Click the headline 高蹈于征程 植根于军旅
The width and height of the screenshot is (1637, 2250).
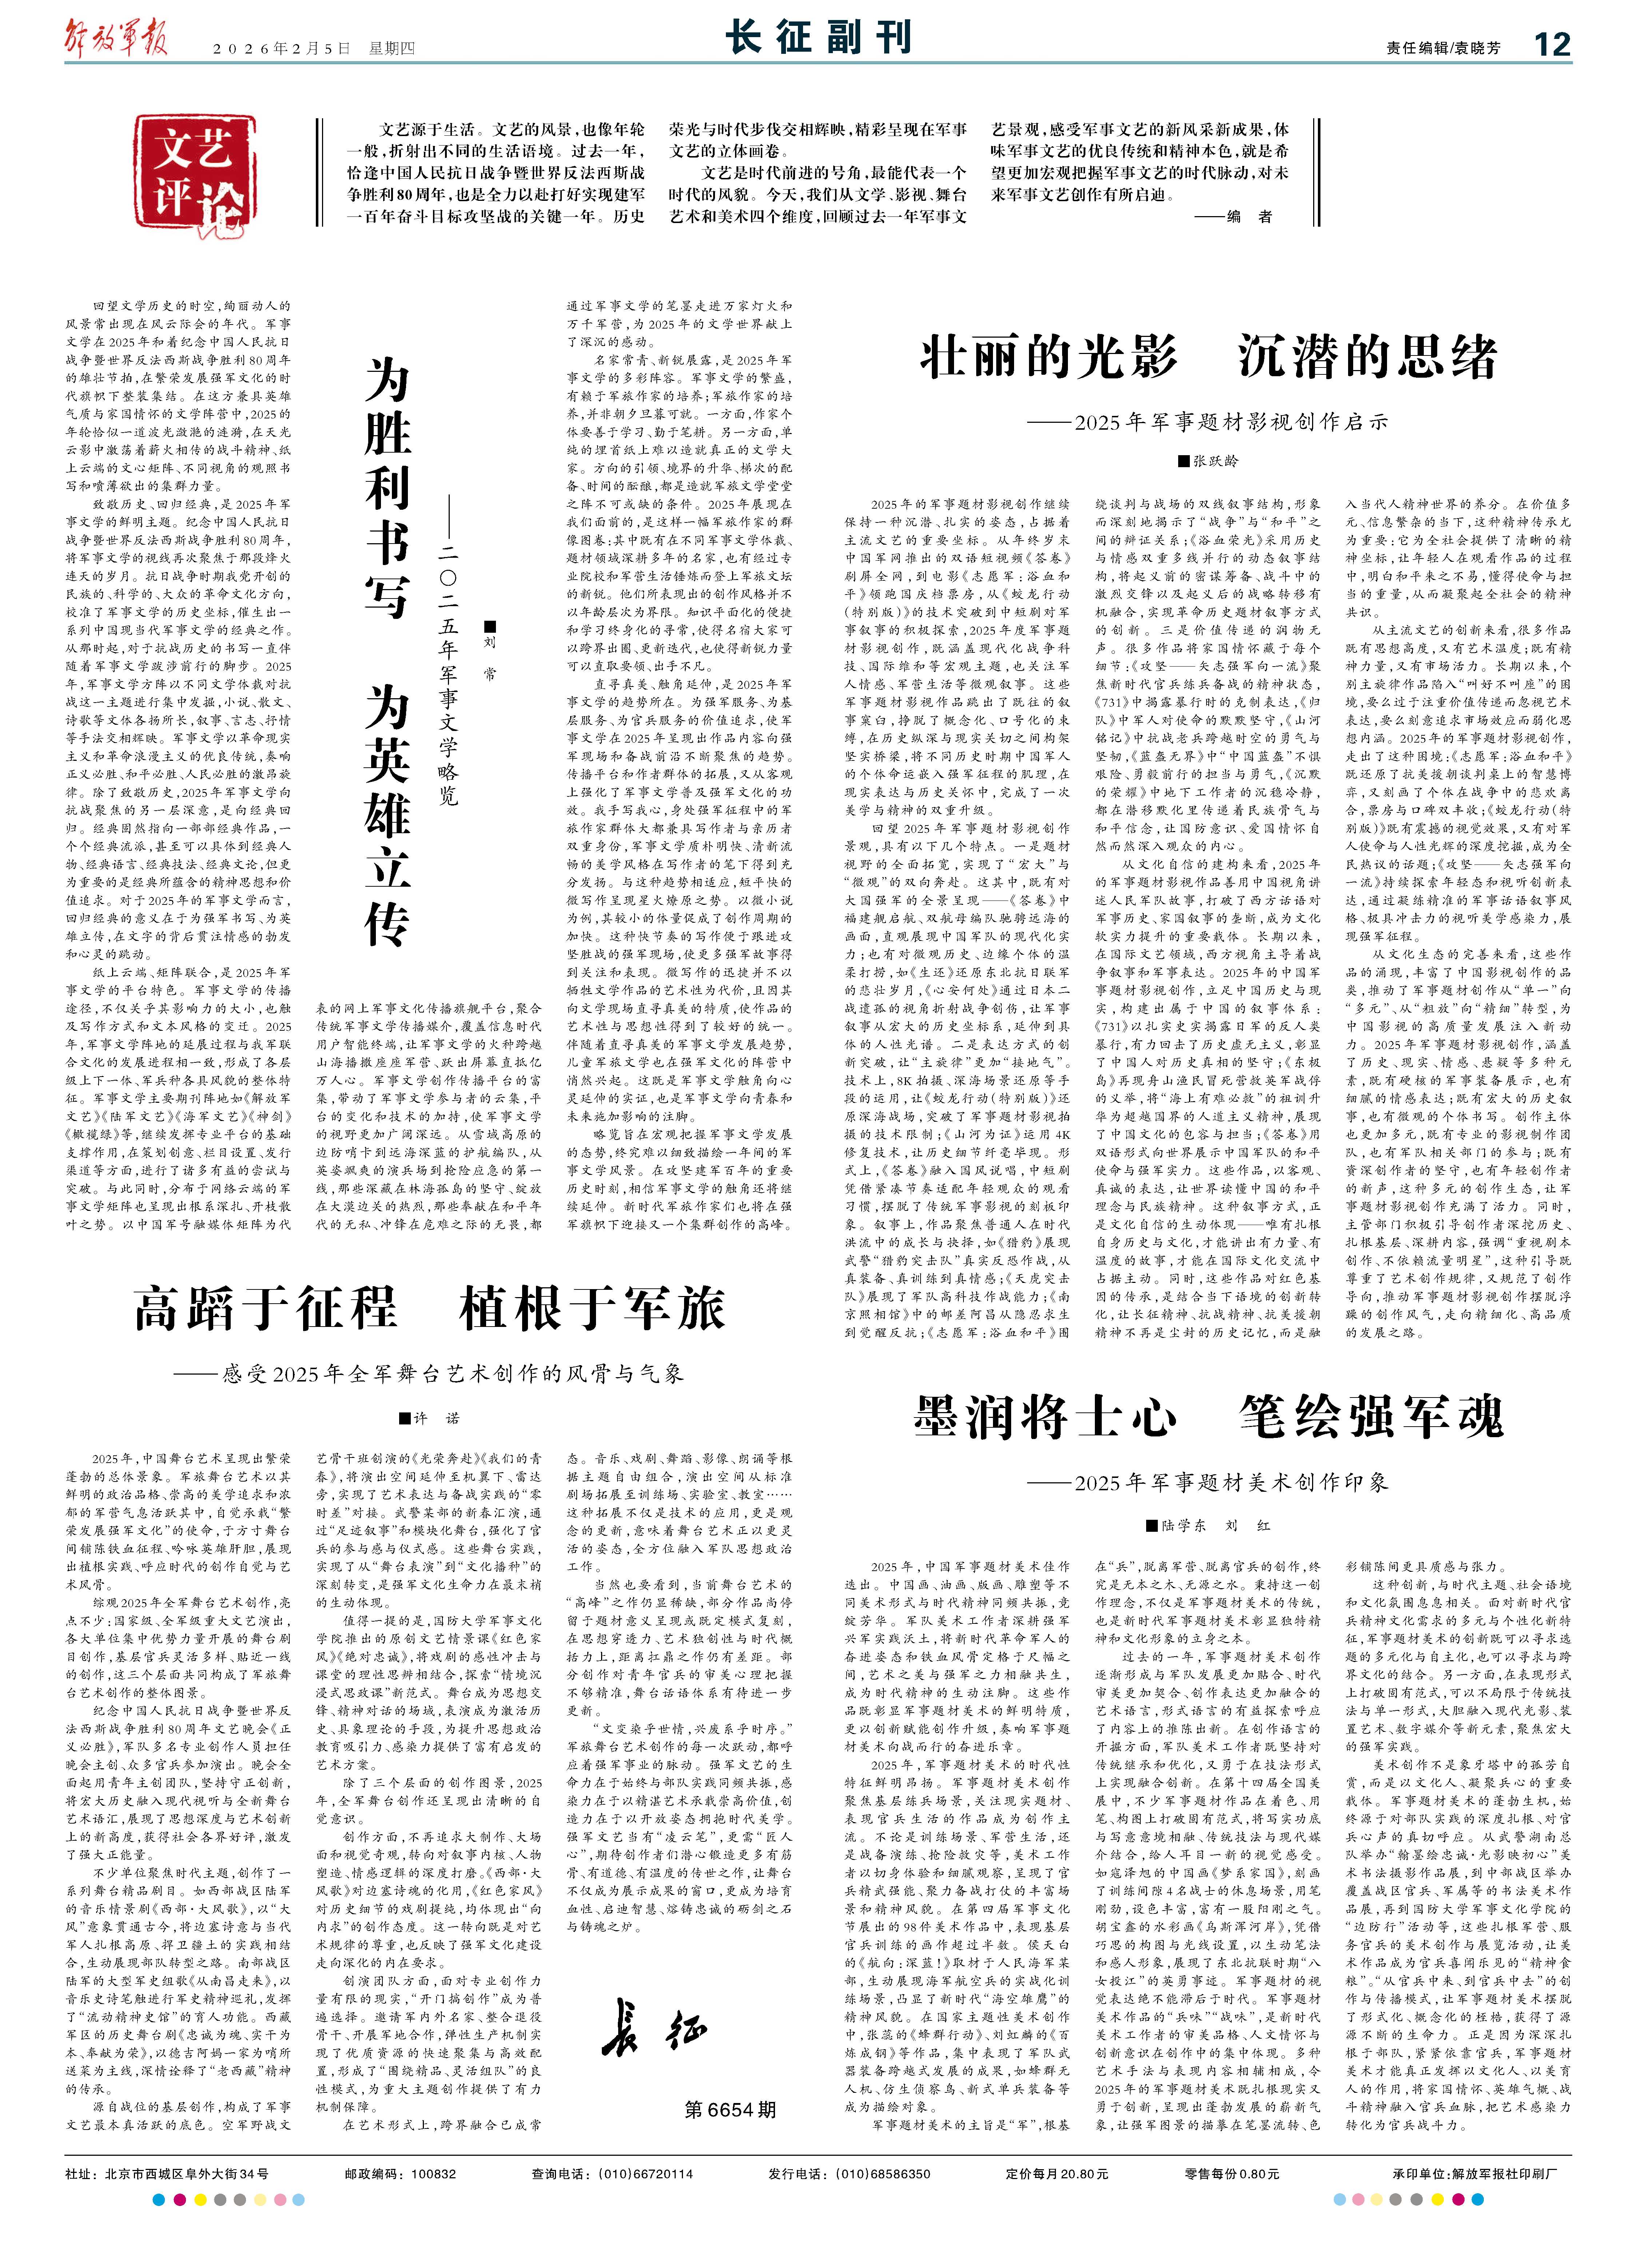pos(430,1308)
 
